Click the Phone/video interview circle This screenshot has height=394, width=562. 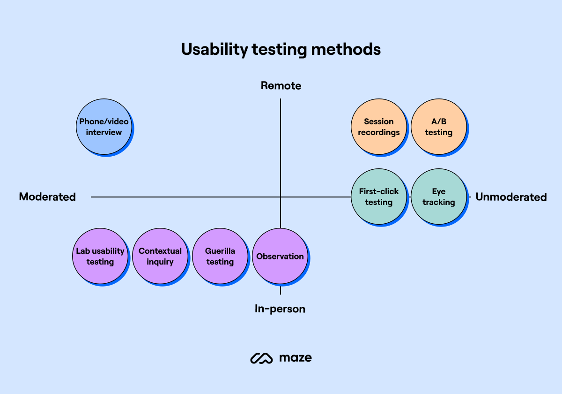point(104,127)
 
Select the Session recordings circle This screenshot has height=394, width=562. point(379,127)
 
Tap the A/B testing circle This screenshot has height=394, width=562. point(439,127)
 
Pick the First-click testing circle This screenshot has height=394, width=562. point(379,197)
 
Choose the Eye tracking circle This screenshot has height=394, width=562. point(439,197)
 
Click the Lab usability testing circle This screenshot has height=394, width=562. point(100,256)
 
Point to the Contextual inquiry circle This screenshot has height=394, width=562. point(160,256)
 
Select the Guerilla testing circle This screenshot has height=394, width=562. point(220,256)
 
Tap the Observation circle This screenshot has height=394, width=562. point(280,256)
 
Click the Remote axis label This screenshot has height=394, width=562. point(281,86)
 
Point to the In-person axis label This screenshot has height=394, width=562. point(280,309)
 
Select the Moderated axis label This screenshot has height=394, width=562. point(47,197)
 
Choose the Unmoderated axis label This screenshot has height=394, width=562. point(511,197)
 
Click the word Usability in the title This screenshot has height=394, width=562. point(214,50)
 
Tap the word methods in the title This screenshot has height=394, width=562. point(346,49)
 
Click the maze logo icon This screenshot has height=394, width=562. point(261,358)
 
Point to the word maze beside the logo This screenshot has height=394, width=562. point(296,358)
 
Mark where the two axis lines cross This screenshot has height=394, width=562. point(281,197)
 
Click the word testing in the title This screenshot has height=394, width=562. point(279,50)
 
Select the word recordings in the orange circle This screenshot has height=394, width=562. point(379,132)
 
